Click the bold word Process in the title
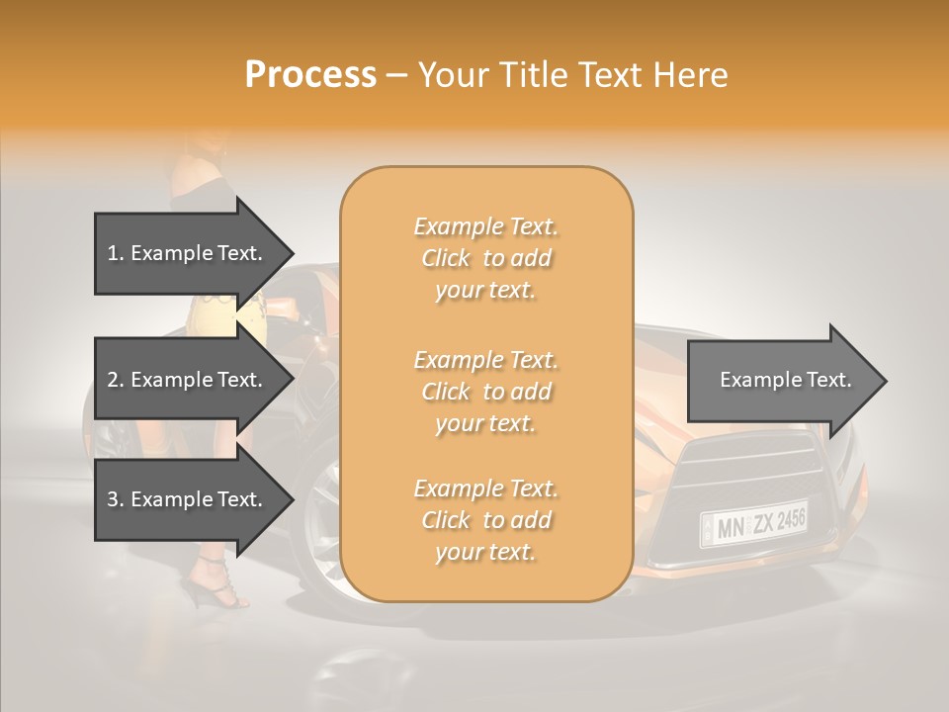(310, 75)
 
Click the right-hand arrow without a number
(786, 380)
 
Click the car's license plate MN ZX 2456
(753, 523)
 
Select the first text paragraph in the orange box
(485, 258)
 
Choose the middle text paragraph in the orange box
(485, 392)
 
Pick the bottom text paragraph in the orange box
(485, 520)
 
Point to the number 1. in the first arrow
(116, 253)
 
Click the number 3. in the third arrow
(116, 499)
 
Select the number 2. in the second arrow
(116, 380)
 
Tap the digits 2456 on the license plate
(791, 517)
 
